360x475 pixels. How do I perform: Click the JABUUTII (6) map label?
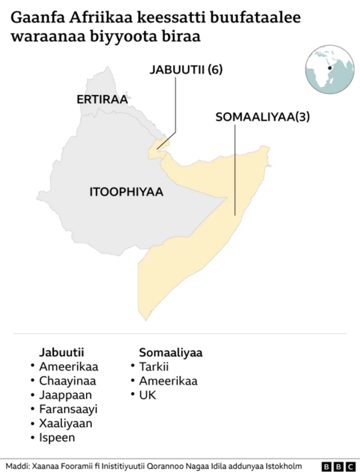[x=186, y=70]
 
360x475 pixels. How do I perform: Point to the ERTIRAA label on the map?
[x=102, y=100]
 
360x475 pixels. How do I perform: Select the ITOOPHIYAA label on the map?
[x=126, y=192]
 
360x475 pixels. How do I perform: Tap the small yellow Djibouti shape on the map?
[x=157, y=146]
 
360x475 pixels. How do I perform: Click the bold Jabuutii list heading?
[x=61, y=353]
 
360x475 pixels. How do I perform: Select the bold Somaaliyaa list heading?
[x=170, y=353]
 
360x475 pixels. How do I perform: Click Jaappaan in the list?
[x=65, y=395]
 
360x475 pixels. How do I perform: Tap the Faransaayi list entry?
[x=68, y=409]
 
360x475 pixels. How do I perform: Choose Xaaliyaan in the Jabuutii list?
[x=65, y=423]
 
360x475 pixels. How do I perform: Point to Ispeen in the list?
[x=57, y=437]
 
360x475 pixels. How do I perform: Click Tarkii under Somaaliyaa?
[x=154, y=367]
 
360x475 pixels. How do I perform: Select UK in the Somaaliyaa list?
[x=147, y=395]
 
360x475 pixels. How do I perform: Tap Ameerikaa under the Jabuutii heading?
[x=68, y=367]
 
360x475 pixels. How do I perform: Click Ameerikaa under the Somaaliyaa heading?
[x=168, y=381]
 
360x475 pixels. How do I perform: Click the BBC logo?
[x=337, y=467]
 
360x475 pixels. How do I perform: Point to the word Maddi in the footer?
[x=17, y=466]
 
